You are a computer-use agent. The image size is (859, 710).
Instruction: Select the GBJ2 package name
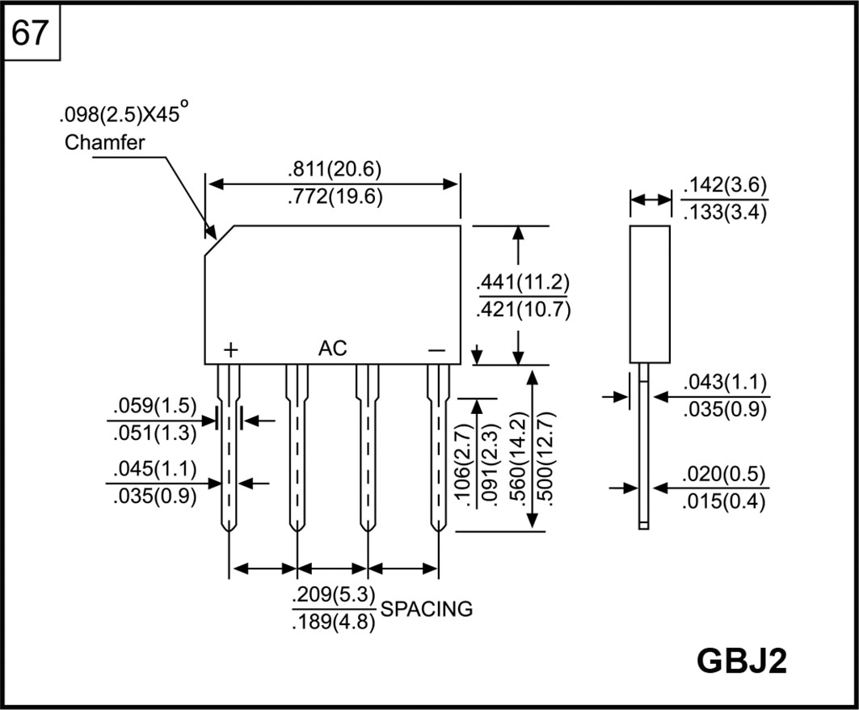point(741,661)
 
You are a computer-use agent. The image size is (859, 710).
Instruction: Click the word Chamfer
point(104,143)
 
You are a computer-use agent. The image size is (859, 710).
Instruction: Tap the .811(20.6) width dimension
point(334,170)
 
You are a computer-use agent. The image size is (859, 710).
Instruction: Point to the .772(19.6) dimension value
point(334,197)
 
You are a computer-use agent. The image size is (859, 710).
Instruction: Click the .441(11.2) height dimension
point(524,283)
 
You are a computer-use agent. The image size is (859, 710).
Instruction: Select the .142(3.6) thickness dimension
point(725,185)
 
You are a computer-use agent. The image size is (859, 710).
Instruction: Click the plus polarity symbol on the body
point(231,350)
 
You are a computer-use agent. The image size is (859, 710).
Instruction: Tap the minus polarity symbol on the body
point(436,350)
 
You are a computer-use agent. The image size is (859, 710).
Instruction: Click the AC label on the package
point(332,349)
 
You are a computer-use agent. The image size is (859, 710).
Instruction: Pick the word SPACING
point(427,609)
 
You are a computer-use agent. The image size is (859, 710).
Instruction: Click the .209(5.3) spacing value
point(334,595)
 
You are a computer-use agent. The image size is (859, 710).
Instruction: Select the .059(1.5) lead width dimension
point(152,406)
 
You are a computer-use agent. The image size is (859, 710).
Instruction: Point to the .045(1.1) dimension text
point(152,469)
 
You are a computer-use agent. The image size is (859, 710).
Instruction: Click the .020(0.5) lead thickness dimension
point(725,474)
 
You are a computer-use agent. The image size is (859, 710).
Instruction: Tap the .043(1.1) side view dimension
point(725,382)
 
